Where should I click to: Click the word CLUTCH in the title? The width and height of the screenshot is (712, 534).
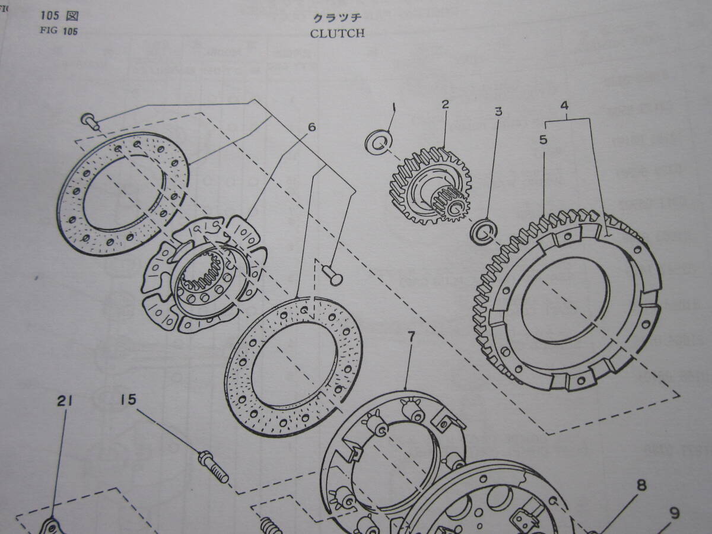[x=337, y=33]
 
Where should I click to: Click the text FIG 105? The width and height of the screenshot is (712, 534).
[x=59, y=31]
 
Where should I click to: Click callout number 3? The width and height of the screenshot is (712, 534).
[x=499, y=110]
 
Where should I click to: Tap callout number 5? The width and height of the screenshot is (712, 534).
[x=543, y=140]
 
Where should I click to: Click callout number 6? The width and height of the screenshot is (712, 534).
[x=312, y=126]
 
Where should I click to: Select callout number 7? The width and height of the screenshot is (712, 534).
[x=411, y=337]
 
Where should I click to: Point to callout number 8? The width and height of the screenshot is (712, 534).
[x=641, y=486]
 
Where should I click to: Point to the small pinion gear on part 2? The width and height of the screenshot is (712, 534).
[x=453, y=203]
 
